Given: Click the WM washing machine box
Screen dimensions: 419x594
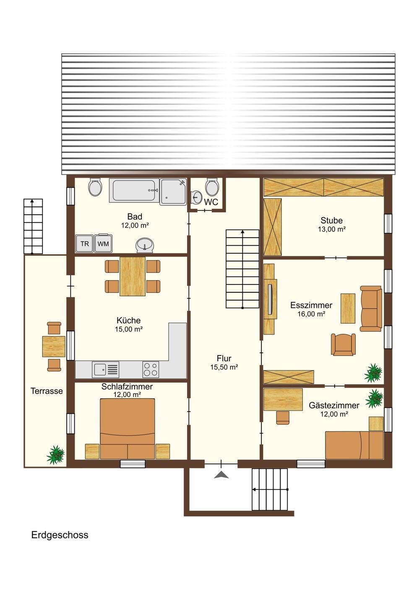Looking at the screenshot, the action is pos(103,243).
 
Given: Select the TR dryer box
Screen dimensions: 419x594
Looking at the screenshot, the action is pos(84,243).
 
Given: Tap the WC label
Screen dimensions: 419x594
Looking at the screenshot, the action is pos(211,202).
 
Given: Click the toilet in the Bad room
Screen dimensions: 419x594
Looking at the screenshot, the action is pos(95,187).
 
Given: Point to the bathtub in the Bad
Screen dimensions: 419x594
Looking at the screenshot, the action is pos(135,190).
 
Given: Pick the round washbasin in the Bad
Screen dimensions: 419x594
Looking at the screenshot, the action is pos(145,245).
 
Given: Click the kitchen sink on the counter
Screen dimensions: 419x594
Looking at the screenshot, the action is pos(106,369).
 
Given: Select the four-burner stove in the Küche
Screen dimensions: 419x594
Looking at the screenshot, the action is pos(151,369).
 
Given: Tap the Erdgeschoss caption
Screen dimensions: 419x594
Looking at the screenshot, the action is pos(60,535).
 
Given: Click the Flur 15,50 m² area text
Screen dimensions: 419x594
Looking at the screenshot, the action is pos(224,367).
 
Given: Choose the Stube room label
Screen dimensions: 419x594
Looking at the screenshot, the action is pos(332,221).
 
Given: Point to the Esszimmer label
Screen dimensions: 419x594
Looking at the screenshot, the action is pos(311,305).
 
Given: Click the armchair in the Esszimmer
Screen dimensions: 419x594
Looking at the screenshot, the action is pos(344,344).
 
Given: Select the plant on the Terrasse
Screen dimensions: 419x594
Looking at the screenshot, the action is pos(56,455).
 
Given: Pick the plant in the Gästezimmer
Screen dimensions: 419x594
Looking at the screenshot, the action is pos(374,398).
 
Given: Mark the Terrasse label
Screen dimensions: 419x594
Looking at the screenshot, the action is pos(47,391).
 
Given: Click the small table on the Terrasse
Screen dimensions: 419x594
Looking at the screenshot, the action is pos(54,346).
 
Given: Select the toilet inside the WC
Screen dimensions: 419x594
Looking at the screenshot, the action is pos(212,187).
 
